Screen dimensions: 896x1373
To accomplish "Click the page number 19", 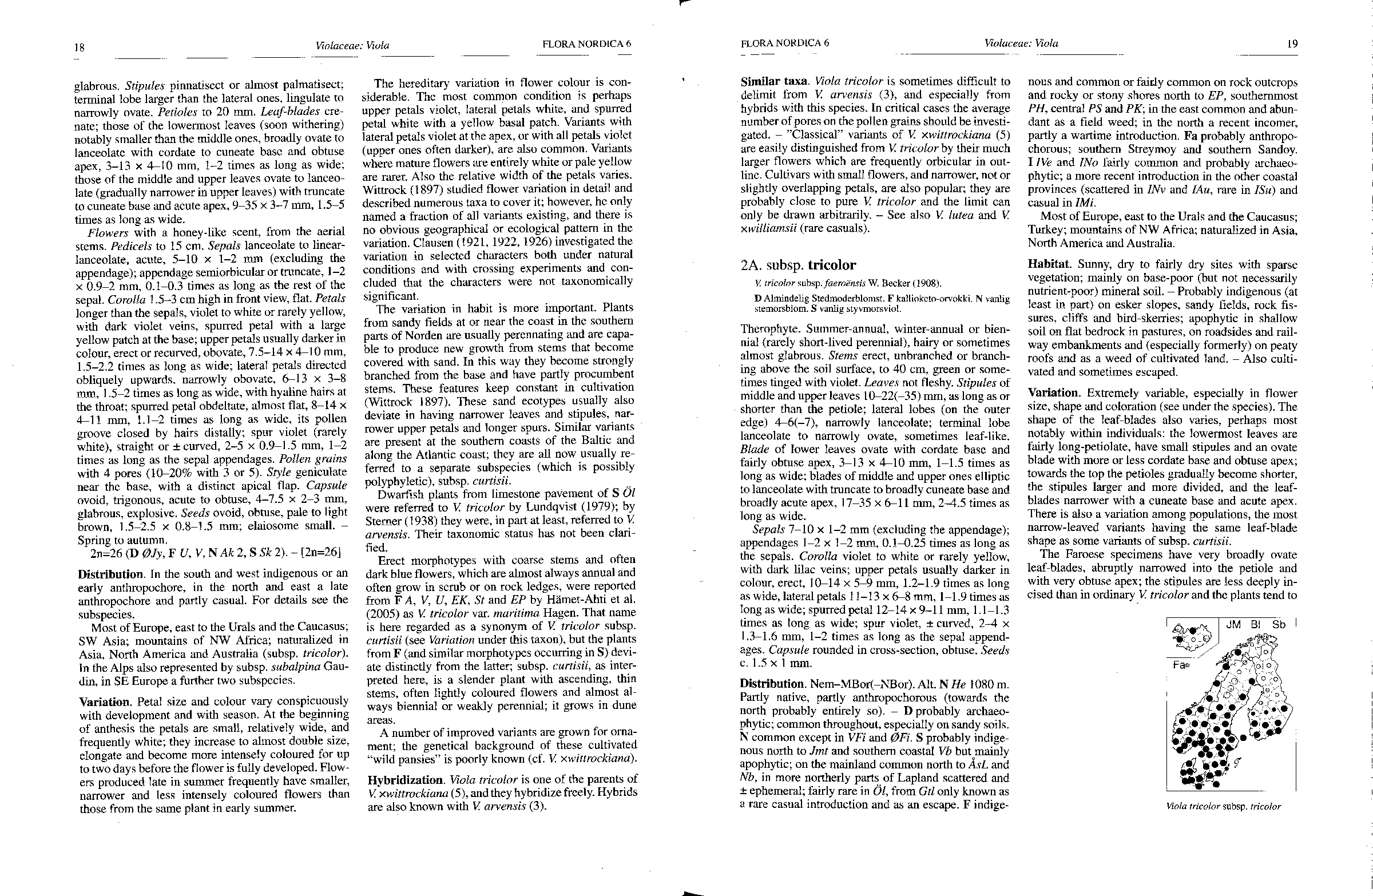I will tap(1292, 44).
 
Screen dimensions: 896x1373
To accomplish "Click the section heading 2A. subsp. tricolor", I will tap(798, 265).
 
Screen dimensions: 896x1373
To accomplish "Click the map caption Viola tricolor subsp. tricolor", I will tap(1223, 807).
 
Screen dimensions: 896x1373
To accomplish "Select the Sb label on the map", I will tap(1279, 625).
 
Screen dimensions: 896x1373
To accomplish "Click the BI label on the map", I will tap(1256, 625).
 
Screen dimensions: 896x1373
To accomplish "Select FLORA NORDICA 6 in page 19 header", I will tap(784, 43).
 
